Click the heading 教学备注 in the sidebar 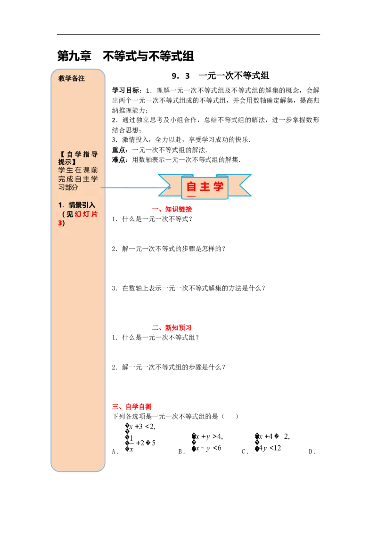pos(72,79)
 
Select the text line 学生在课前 pos(78,170)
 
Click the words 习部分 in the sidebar pos(68,187)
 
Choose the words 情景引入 pos(82,205)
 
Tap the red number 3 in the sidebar pos(60,223)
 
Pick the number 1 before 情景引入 pos(60,205)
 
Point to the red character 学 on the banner pos(218,186)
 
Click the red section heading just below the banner pos(172,210)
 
